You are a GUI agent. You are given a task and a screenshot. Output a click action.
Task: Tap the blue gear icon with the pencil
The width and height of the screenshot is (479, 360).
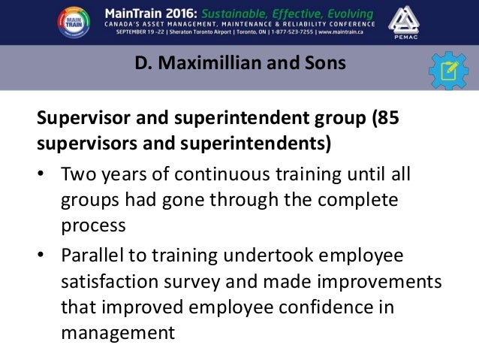(x=449, y=71)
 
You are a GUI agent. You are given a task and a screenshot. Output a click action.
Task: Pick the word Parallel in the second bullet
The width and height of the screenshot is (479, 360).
(x=93, y=256)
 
